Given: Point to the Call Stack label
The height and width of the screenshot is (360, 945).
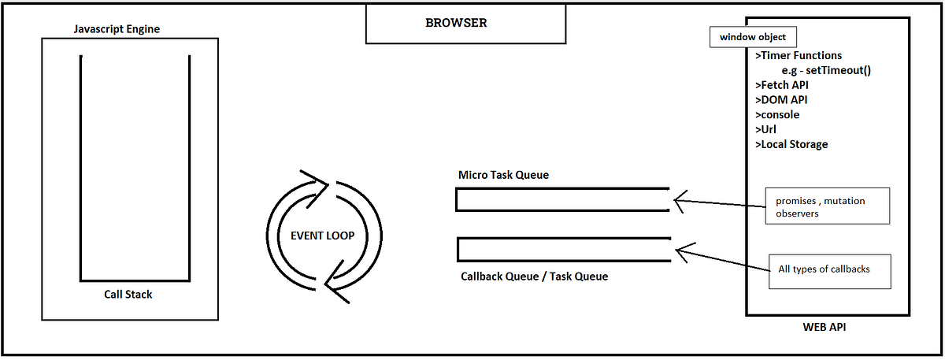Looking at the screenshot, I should tap(128, 295).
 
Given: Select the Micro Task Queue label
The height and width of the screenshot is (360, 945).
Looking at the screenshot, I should tap(503, 175).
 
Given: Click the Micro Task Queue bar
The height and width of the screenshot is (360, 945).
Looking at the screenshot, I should tap(562, 200).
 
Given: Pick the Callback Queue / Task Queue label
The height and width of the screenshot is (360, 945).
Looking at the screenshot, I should tap(534, 276).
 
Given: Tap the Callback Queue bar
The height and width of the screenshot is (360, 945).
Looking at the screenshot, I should tap(562, 250).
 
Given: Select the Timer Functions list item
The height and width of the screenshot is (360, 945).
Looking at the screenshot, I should tap(799, 56).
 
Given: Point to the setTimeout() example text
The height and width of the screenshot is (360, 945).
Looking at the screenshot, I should tap(820, 70).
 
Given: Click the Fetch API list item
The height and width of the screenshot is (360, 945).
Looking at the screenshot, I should tap(781, 85).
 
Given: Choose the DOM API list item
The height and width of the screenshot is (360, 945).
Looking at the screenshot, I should tap(780, 100).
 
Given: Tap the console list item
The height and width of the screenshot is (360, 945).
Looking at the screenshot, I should tap(777, 115).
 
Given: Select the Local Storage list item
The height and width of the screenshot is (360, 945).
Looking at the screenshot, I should tap(791, 144).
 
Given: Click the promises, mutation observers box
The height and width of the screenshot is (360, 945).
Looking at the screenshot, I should tap(827, 206).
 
